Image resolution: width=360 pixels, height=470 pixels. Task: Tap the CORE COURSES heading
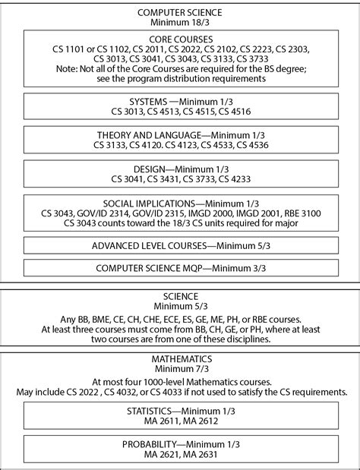click(179, 37)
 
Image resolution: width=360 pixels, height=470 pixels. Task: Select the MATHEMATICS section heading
click(180, 358)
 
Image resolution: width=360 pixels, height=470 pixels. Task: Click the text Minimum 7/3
click(180, 368)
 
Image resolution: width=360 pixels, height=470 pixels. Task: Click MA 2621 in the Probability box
click(156, 455)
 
